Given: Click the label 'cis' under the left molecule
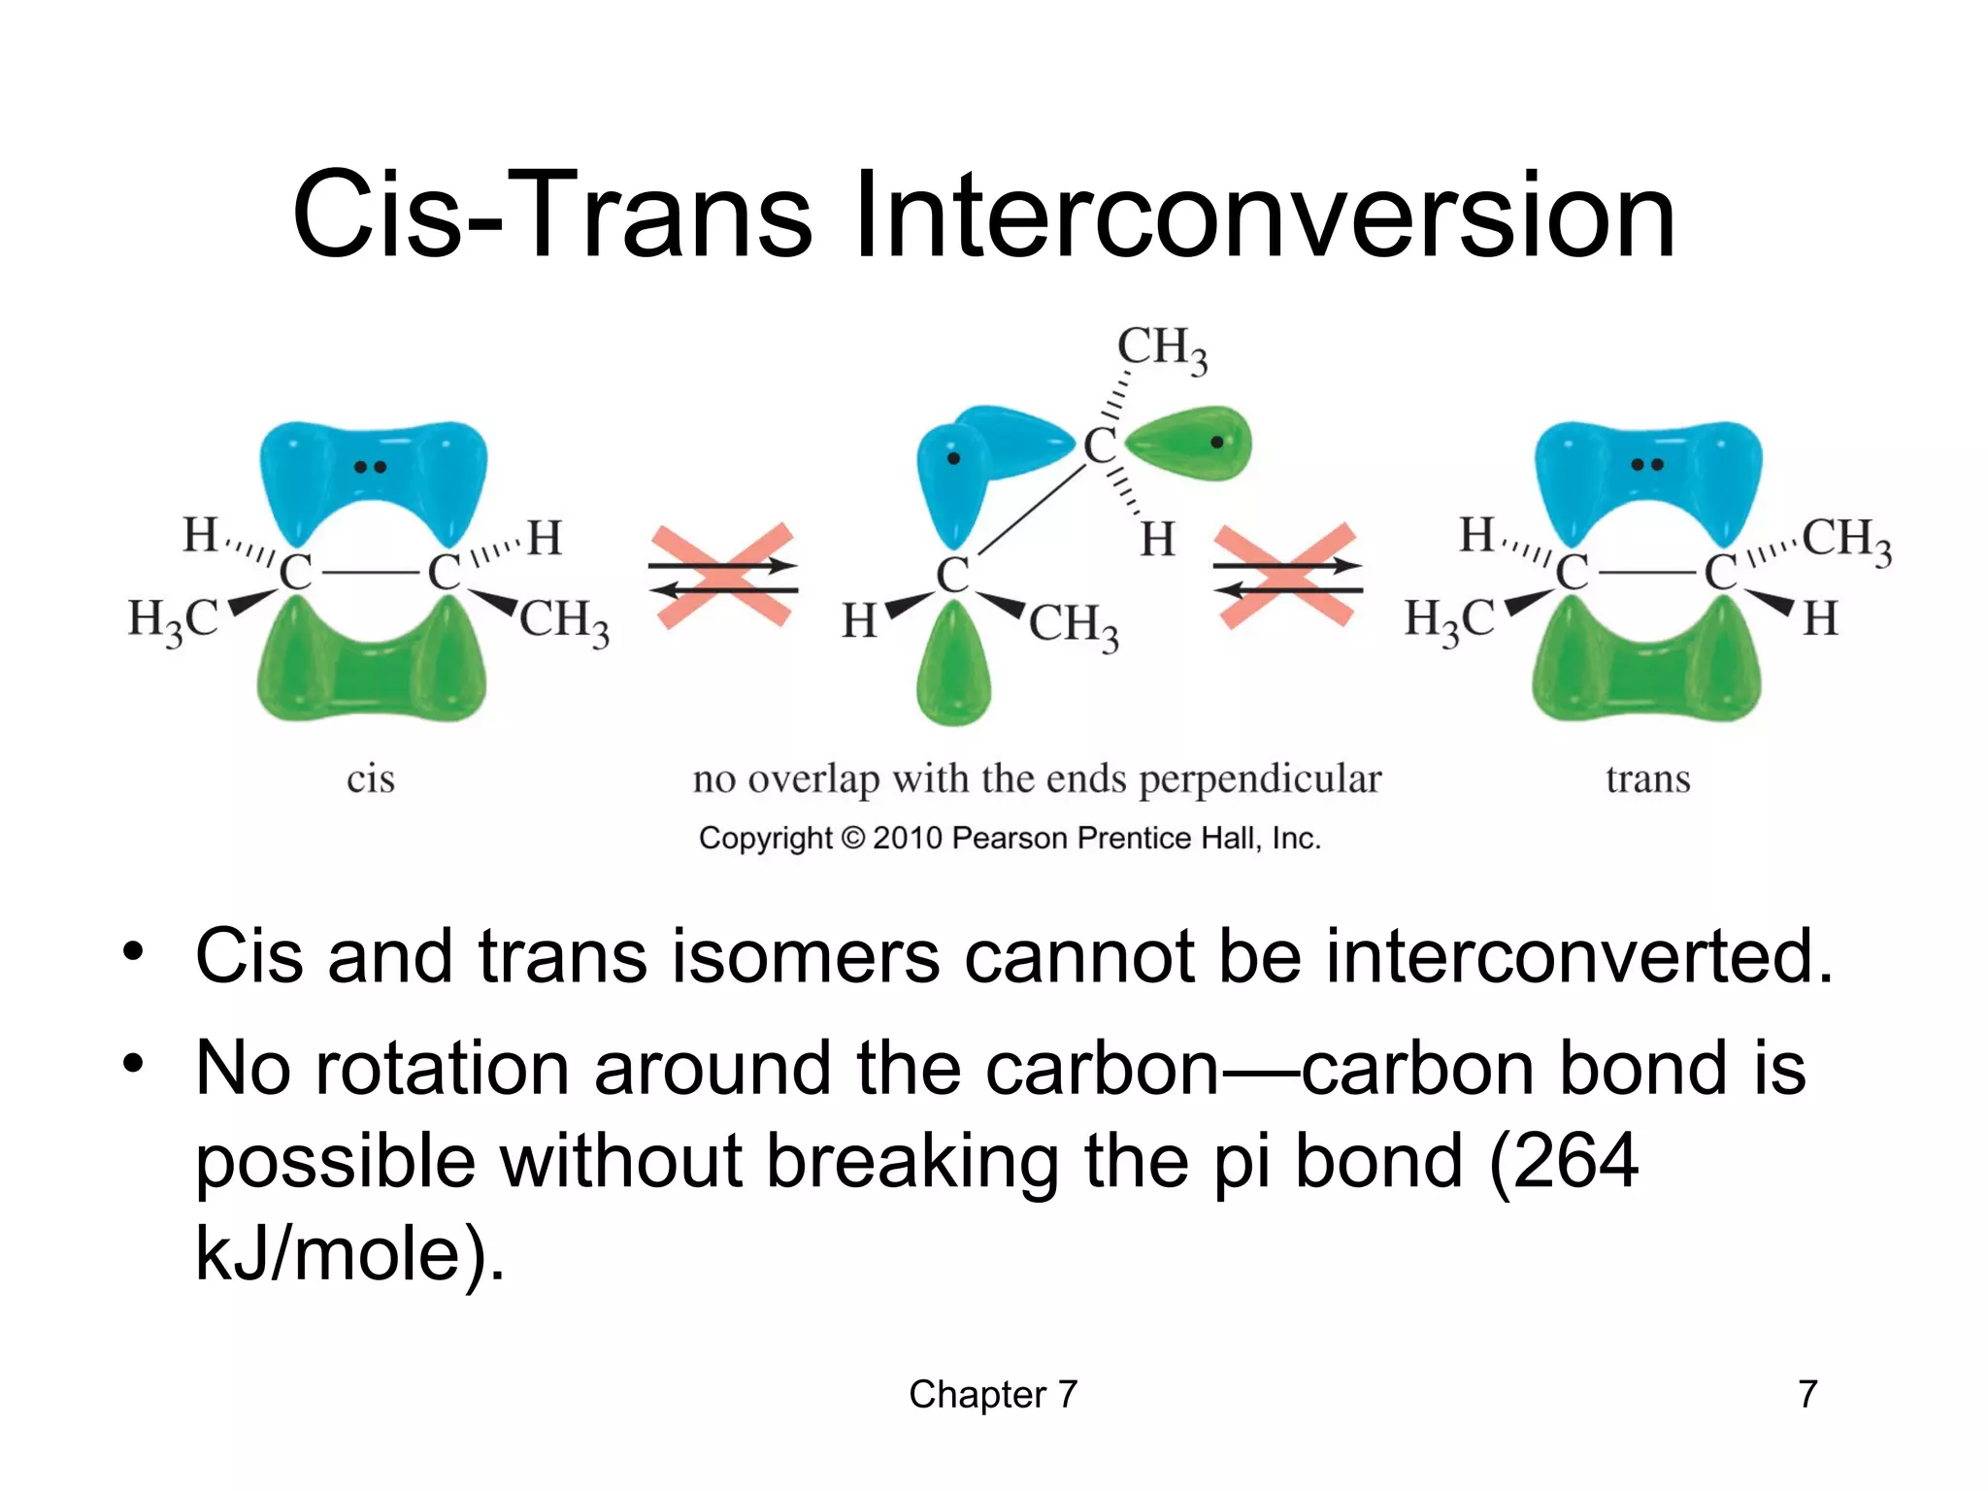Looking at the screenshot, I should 371,779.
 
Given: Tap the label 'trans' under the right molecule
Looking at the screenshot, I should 1647,779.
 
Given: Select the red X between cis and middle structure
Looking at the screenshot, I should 723,577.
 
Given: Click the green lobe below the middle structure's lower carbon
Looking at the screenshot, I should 953,670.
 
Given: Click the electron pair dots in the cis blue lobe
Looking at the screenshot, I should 370,467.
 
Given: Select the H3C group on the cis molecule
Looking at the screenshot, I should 173,620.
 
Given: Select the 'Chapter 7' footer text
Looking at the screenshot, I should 992,1394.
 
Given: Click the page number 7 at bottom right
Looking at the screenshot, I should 1806,1394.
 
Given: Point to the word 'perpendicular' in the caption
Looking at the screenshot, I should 1259,779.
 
